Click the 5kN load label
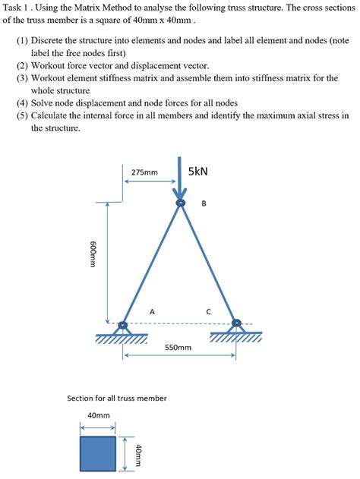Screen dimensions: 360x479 [x=198, y=172]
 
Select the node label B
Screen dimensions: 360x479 [x=204, y=203]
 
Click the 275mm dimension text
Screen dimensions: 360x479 [x=144, y=172]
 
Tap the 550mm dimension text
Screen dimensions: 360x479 [x=178, y=348]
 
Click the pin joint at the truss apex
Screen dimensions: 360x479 [x=180, y=203]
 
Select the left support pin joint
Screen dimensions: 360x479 [x=122, y=326]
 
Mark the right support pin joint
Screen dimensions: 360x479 [x=237, y=323]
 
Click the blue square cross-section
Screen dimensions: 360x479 [x=97, y=452]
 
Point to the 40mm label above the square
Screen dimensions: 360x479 [x=99, y=415]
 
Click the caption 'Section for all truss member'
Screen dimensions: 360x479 [x=117, y=398]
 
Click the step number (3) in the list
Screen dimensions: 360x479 [x=23, y=78]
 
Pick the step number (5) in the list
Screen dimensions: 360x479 [x=23, y=116]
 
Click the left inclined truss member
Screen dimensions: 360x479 [x=151, y=265]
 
